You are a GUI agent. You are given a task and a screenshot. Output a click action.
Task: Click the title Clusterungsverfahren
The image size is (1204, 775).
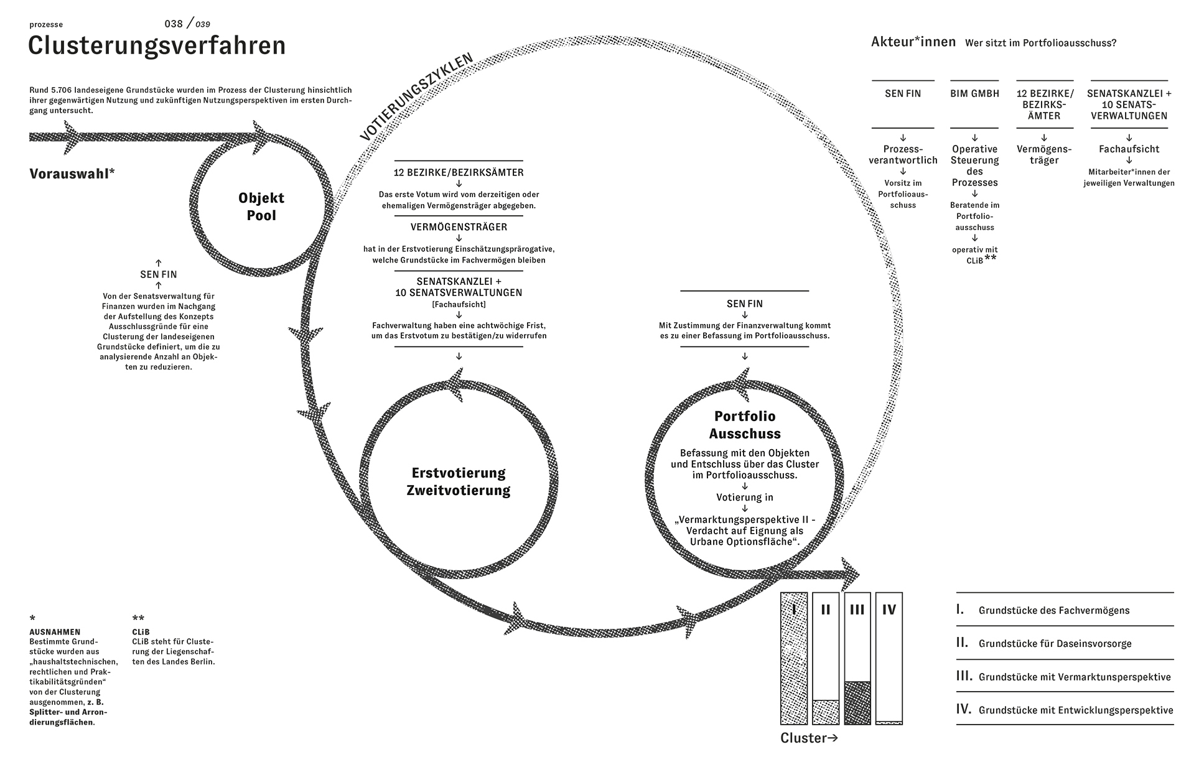pos(157,47)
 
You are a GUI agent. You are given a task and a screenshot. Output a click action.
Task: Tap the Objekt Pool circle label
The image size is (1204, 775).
pos(261,207)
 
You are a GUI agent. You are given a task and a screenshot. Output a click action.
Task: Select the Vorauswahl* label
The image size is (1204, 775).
pos(72,174)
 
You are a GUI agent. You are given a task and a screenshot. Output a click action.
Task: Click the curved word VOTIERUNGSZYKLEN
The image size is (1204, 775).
pos(416,96)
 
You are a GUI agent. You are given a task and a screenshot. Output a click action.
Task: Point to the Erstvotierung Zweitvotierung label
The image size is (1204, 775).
pos(459,481)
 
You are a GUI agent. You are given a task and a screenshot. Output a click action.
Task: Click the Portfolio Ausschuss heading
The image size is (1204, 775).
pos(745,425)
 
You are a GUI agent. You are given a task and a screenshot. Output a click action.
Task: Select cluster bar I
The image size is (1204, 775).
pos(794,658)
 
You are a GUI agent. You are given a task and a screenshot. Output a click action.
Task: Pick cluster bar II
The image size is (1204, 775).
pos(826,658)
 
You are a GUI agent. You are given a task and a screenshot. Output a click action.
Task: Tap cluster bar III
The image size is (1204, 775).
pos(857,658)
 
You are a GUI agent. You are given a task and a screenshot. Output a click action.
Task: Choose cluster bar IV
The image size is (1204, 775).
pos(889,658)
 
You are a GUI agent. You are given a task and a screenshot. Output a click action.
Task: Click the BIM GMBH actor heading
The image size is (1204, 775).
pos(974,94)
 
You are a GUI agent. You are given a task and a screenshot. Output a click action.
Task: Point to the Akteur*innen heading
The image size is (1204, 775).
pos(913,42)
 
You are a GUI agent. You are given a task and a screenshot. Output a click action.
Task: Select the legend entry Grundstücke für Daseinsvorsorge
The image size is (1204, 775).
pos(1055,644)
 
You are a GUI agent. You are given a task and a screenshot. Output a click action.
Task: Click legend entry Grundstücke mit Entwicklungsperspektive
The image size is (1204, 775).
pos(1075,710)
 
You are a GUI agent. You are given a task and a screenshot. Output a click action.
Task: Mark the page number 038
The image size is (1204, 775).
pos(174,24)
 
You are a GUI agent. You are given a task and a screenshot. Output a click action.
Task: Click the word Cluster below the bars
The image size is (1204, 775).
pos(803,738)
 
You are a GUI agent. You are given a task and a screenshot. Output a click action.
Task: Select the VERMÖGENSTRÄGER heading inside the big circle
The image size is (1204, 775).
pos(459,227)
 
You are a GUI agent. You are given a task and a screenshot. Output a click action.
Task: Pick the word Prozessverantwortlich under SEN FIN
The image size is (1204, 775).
pos(903,154)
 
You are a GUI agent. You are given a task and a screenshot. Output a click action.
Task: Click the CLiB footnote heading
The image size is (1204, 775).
pos(141,632)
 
